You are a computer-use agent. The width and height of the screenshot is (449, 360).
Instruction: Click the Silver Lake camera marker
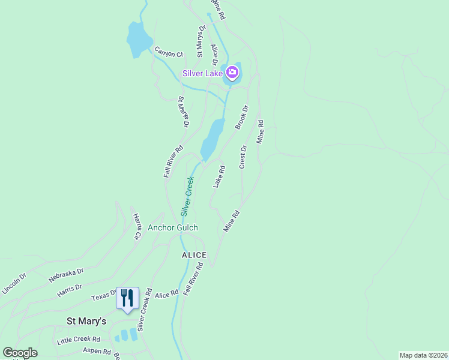click(232, 73)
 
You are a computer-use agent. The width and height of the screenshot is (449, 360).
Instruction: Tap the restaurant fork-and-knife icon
click(127, 298)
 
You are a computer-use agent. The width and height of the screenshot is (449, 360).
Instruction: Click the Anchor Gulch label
click(173, 227)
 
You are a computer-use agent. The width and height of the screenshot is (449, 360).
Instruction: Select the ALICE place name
click(194, 255)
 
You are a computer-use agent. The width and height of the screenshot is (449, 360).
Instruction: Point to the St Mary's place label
click(86, 322)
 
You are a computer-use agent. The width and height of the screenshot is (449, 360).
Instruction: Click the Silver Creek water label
click(188, 196)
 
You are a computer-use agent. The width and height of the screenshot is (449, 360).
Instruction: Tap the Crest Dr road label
click(243, 157)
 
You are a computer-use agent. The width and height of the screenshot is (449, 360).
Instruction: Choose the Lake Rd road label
click(219, 176)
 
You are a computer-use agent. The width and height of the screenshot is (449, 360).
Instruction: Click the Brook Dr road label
click(241, 117)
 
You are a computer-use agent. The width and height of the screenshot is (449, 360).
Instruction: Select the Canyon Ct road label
click(168, 53)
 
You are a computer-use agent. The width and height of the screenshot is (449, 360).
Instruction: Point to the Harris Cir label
click(136, 226)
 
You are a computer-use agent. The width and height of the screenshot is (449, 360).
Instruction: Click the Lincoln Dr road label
click(14, 284)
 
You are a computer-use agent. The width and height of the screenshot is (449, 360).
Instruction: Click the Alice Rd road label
click(167, 294)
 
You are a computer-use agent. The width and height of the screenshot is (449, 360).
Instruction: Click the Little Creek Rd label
click(78, 340)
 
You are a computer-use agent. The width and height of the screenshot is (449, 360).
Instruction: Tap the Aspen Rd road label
click(97, 352)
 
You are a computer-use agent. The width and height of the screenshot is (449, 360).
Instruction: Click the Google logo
click(20, 353)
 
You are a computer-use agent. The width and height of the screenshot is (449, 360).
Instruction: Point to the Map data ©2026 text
click(424, 355)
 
